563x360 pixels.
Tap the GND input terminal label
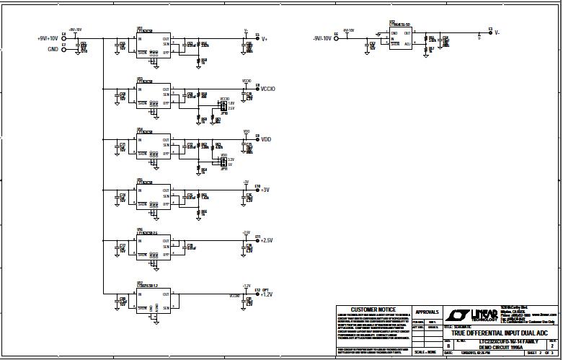[x=53, y=50]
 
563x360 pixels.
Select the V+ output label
[x=265, y=39]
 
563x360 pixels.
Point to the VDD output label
[x=267, y=139]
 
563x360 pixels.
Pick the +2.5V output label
[x=267, y=240]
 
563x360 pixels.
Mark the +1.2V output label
[x=267, y=294]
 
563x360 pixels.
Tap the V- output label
[x=497, y=33]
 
